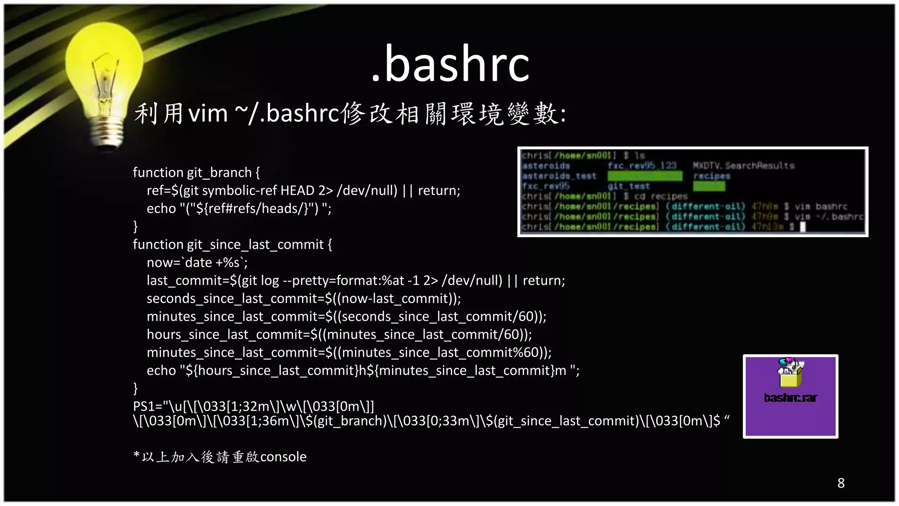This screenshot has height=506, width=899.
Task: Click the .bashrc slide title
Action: (450, 65)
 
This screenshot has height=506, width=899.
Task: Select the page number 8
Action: (841, 483)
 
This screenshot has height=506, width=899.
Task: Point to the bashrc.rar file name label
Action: (790, 398)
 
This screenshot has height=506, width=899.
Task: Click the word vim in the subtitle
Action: (208, 113)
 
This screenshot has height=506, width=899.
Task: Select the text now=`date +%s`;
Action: (197, 263)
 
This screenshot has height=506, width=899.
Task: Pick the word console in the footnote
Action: (283, 457)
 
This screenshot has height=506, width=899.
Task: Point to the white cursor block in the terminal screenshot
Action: (802, 227)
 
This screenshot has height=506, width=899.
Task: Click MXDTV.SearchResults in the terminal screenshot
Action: (744, 166)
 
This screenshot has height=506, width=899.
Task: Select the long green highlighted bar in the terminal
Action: (645, 176)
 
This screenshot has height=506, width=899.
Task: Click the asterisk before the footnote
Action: (137, 455)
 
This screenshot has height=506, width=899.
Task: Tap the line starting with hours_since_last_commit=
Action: (339, 335)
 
